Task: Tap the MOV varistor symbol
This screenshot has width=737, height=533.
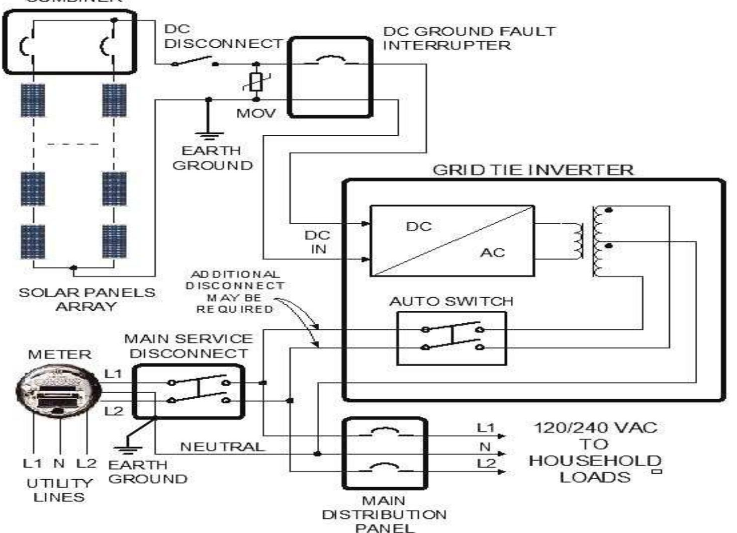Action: (x=256, y=82)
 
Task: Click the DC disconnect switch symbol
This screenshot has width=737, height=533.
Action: (x=195, y=62)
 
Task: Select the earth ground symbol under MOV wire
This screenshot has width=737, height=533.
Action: (x=209, y=134)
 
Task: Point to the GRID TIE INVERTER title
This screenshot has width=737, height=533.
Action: (x=533, y=170)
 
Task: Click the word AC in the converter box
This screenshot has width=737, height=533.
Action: (x=492, y=252)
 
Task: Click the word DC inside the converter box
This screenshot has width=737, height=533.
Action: (x=419, y=226)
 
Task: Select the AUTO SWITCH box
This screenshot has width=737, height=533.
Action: (x=451, y=338)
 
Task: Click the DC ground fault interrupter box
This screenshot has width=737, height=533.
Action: (x=330, y=77)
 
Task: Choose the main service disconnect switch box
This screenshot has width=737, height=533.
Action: (x=189, y=391)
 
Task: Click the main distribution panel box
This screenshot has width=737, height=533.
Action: (x=385, y=453)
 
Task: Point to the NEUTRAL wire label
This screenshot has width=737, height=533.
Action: (x=222, y=447)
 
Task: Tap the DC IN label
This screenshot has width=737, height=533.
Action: (x=318, y=242)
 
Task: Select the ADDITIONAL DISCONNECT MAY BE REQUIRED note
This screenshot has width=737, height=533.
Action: (x=235, y=291)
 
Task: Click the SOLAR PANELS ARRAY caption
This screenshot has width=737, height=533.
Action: (x=86, y=299)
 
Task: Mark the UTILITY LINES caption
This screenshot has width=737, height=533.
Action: (x=59, y=490)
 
